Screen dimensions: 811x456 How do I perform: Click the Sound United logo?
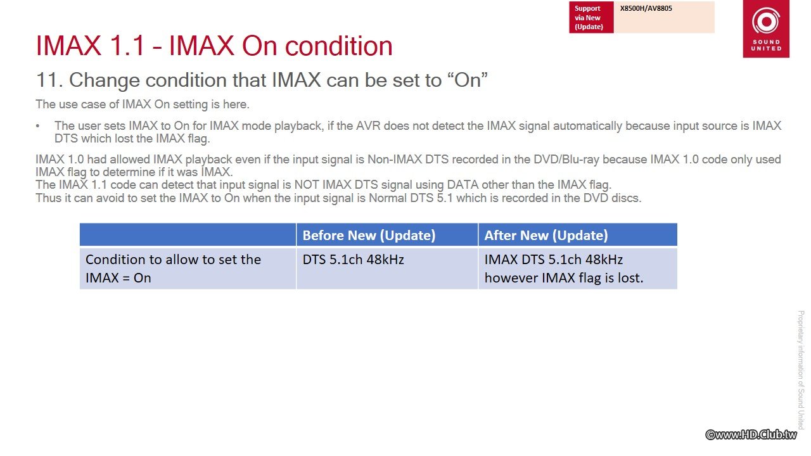[766, 28]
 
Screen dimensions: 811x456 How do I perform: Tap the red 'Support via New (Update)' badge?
[591, 17]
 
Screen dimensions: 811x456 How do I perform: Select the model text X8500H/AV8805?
[646, 8]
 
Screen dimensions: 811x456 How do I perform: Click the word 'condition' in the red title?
[338, 46]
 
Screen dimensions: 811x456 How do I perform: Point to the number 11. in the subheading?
[49, 80]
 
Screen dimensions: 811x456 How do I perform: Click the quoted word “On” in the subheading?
[468, 79]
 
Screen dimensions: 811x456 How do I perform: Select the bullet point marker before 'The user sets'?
[37, 126]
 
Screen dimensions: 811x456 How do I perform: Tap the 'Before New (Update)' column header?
[369, 235]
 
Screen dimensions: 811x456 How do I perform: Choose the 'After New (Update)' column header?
[546, 235]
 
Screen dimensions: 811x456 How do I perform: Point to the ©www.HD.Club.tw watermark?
[751, 434]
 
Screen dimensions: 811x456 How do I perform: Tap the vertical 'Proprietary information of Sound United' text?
[800, 369]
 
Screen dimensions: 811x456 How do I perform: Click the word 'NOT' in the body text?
[306, 185]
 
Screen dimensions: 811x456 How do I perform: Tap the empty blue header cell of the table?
[188, 234]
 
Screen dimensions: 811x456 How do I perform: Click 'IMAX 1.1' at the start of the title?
[91, 46]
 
